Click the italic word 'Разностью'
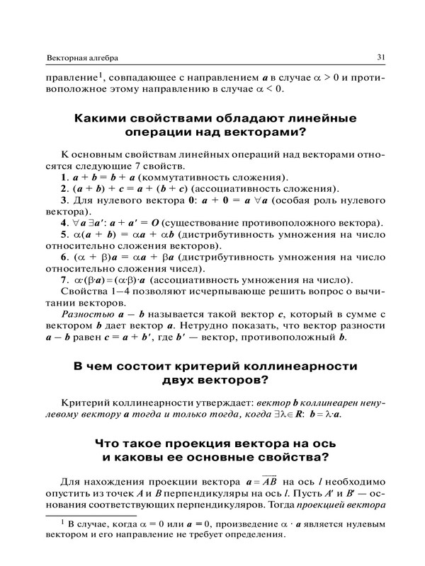tap(86, 330)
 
